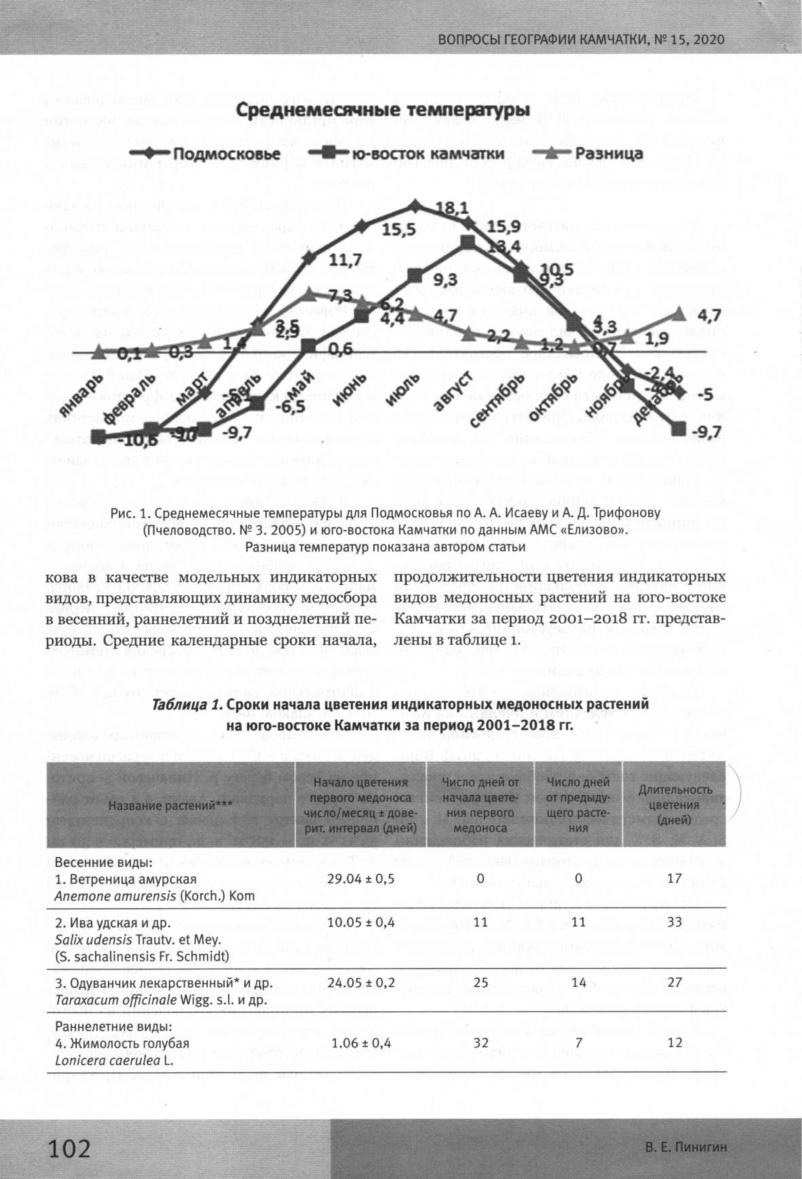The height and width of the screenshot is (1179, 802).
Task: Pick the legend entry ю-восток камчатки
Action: [427, 153]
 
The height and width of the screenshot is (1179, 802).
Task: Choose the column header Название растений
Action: [171, 805]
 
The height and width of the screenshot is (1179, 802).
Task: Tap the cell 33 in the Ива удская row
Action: [674, 921]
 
